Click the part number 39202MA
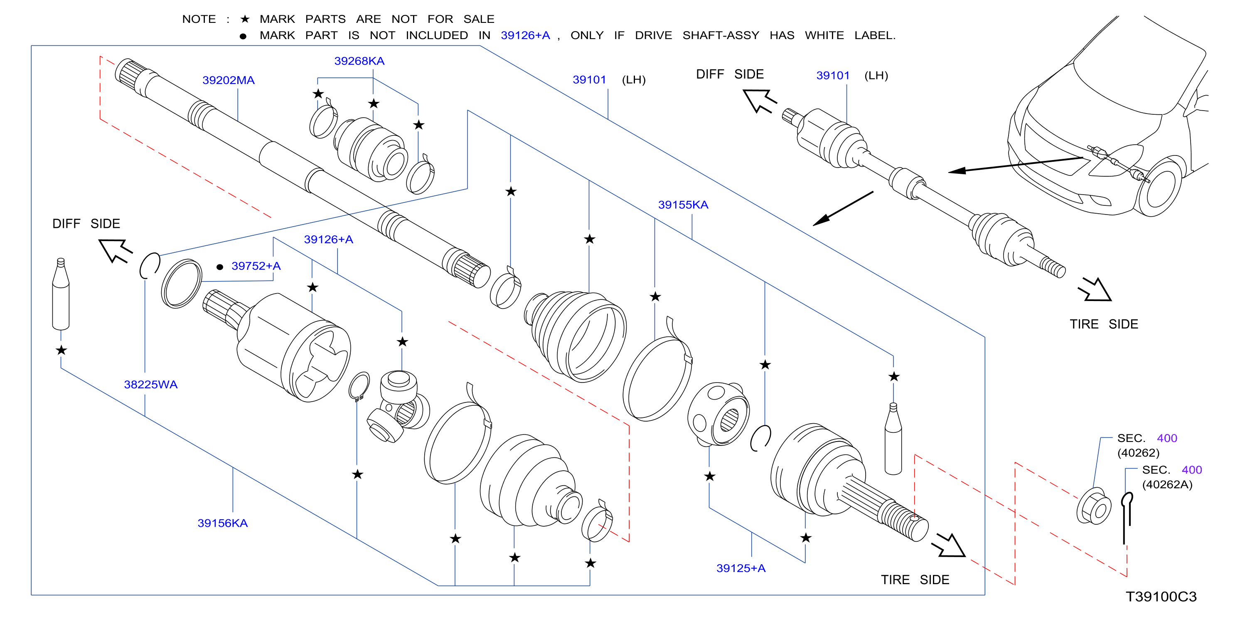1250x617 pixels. [x=228, y=80]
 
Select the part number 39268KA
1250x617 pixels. [x=359, y=61]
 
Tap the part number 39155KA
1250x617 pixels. [x=683, y=205]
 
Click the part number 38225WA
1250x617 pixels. [x=150, y=385]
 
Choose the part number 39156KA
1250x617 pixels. [x=222, y=523]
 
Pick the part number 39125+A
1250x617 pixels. [x=741, y=568]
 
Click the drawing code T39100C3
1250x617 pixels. [x=1161, y=597]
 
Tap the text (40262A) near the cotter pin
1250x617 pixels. [x=1167, y=484]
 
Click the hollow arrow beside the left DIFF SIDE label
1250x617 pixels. [x=115, y=250]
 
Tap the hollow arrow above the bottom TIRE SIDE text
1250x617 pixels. [x=949, y=545]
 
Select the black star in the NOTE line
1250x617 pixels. [x=245, y=19]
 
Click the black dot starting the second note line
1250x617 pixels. [x=243, y=36]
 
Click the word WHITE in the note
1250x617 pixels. [x=824, y=35]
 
